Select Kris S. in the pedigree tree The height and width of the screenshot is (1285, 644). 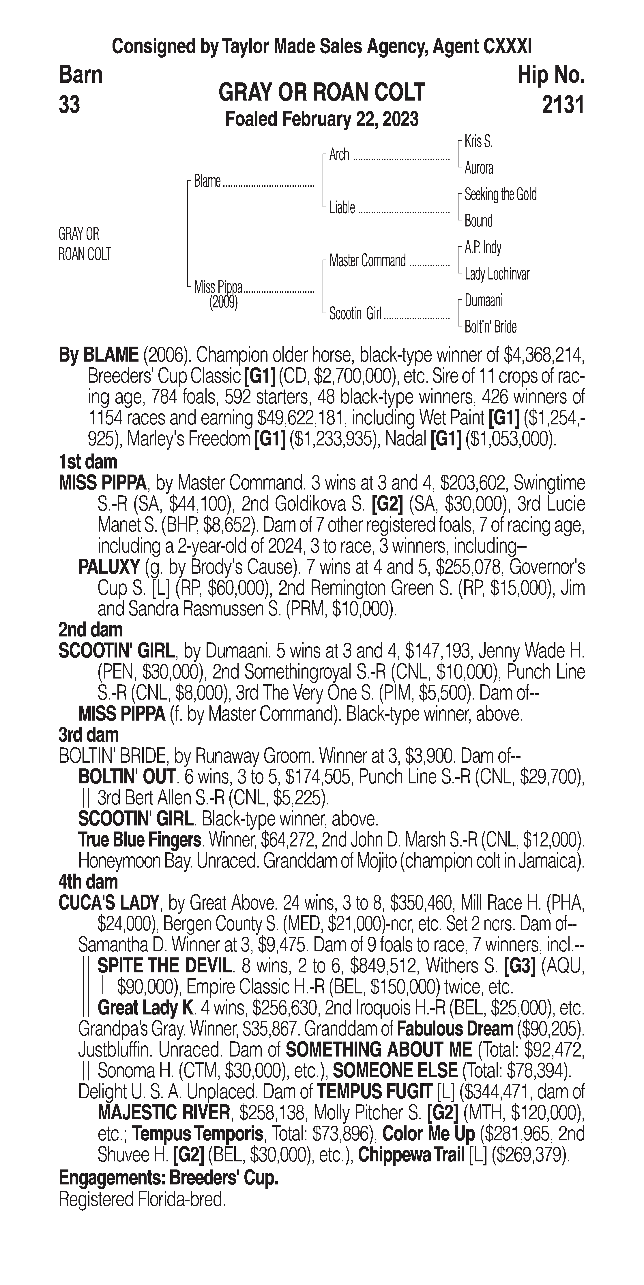478,142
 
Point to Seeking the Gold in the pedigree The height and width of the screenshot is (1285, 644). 500,194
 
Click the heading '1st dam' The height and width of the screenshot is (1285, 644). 88,461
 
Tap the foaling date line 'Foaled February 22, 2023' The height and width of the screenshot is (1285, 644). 322,120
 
